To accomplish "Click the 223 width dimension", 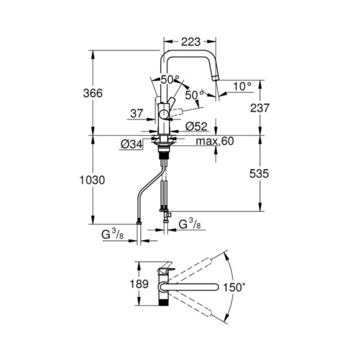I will point(190,42).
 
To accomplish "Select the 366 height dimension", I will point(93,93).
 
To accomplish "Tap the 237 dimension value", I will point(260,108).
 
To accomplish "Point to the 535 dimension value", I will point(260,174).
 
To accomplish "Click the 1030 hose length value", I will point(92,180).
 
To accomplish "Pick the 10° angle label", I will point(242,86).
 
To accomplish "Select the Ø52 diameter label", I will point(197,126).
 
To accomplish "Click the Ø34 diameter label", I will point(130,144).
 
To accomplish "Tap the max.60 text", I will point(215,141).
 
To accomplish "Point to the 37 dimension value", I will point(136,114).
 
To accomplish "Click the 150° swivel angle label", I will point(234,287).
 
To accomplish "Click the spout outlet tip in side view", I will point(216,77).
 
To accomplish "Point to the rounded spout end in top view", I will point(215,287).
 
